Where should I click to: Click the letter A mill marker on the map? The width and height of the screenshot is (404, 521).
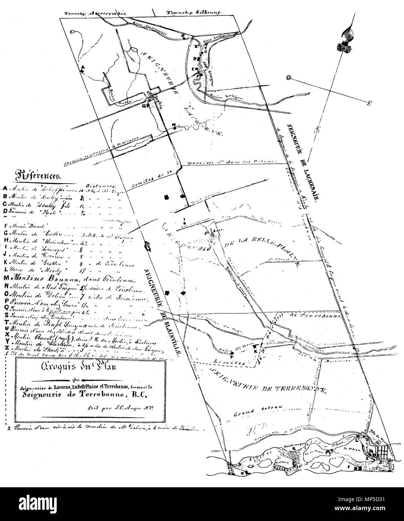point(83,69)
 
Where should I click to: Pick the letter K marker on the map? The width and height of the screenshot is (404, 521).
point(255,352)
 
